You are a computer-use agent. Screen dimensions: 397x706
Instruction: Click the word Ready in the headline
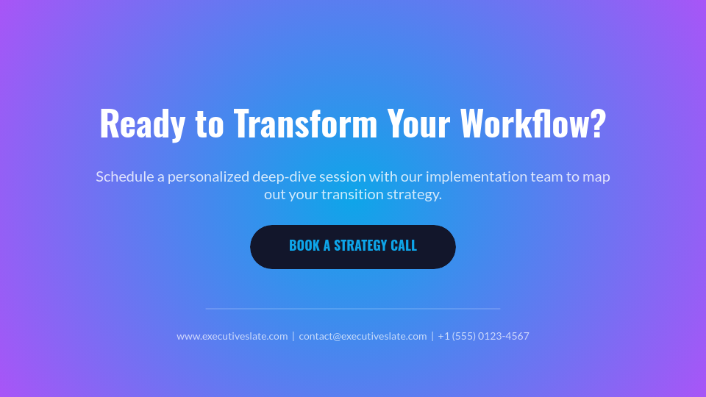click(142, 124)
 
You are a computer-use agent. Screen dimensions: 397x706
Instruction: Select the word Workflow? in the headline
click(533, 124)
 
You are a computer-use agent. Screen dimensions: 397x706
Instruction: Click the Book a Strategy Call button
click(353, 247)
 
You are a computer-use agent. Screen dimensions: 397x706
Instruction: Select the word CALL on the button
click(404, 246)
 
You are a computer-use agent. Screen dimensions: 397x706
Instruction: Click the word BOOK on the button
click(304, 246)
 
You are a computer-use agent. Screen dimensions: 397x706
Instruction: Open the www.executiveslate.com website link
click(232, 336)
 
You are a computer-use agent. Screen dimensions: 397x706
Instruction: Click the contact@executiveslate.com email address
click(363, 336)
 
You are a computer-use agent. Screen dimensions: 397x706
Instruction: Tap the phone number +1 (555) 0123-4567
click(483, 336)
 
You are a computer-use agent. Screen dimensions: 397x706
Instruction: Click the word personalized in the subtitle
click(207, 176)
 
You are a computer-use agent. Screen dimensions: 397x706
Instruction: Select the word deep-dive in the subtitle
click(282, 176)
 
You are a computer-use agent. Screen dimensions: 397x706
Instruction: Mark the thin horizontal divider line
click(353, 309)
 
